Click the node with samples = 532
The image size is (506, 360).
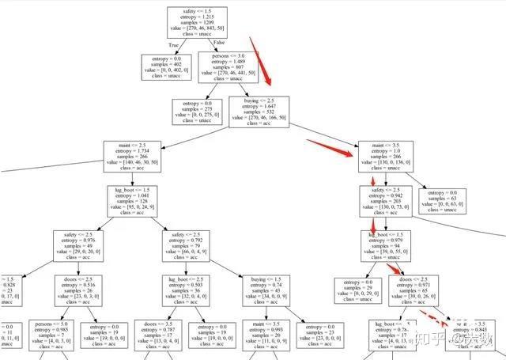tap(259, 112)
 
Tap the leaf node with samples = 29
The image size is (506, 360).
tap(359, 290)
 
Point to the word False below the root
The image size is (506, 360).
tap(218, 41)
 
